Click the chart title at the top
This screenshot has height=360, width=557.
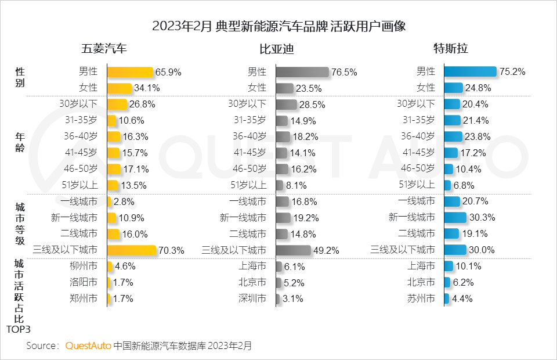pyautogui.click(x=278, y=27)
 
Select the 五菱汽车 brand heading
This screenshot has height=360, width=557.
pyautogui.click(x=104, y=49)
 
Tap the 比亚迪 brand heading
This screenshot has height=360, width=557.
pyautogui.click(x=276, y=49)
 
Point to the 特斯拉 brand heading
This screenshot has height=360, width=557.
pyautogui.click(x=451, y=49)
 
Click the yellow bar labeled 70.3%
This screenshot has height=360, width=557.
pyautogui.click(x=132, y=250)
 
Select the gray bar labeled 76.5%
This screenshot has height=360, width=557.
pyautogui.click(x=302, y=72)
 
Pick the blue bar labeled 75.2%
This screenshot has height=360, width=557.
pyautogui.click(x=470, y=72)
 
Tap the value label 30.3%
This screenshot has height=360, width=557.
pyautogui.click(x=482, y=218)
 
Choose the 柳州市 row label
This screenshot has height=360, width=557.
pyautogui.click(x=83, y=267)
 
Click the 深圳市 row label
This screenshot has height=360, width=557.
pyautogui.click(x=252, y=299)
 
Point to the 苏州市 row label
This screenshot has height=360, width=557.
pyautogui.click(x=421, y=299)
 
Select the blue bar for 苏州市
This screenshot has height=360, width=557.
pyautogui.click(x=447, y=299)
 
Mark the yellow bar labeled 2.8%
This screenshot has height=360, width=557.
pyautogui.click(x=109, y=201)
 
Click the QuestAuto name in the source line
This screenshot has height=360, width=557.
pyautogui.click(x=88, y=345)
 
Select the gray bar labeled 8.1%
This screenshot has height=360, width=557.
pyautogui.click(x=280, y=185)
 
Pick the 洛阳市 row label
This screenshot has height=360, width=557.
pyautogui.click(x=83, y=283)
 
